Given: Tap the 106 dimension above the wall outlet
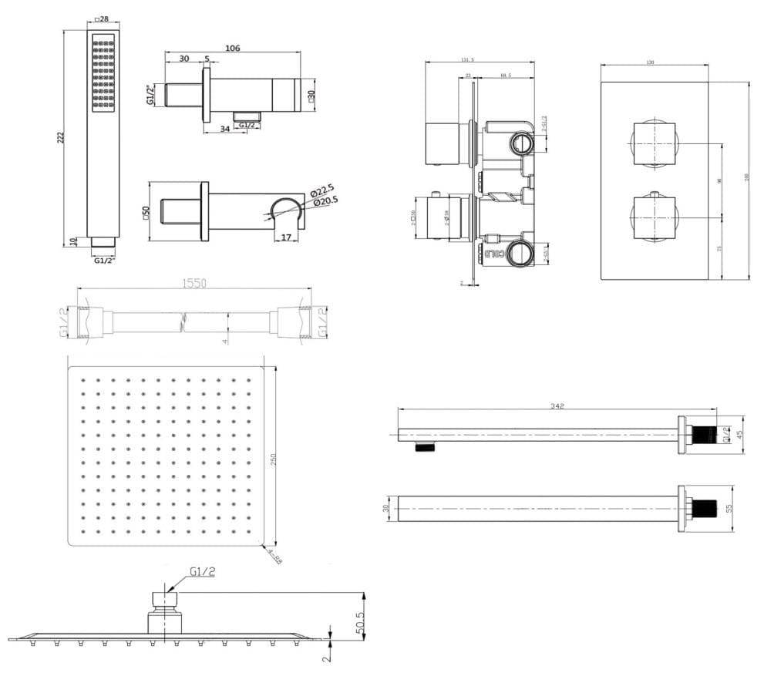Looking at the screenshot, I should click(232, 48).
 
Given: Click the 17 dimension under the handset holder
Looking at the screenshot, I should click(286, 237).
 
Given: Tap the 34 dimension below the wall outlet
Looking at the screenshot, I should click(224, 129).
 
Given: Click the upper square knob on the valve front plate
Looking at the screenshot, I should click(654, 143).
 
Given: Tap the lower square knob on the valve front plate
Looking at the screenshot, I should click(654, 218).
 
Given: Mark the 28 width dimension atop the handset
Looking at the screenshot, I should click(102, 19).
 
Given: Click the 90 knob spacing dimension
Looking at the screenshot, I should click(719, 180).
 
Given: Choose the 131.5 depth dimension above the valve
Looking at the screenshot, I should click(466, 59).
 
